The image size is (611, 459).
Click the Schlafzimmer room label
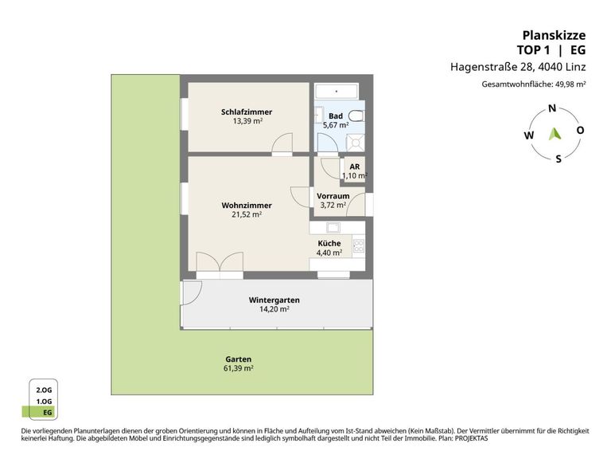tap(247, 112)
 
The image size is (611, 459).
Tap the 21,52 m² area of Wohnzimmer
tap(247, 214)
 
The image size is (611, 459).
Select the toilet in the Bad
tap(356, 116)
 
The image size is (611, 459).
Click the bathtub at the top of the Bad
tap(337, 92)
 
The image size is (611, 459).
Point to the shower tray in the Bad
tap(356, 143)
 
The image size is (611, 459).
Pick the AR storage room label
tap(355, 167)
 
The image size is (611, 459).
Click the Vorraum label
tap(333, 196)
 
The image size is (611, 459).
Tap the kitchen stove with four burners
tap(359, 245)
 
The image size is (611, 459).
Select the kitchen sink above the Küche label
tap(333, 227)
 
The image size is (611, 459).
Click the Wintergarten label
tap(274, 300)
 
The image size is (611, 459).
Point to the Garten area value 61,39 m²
tap(239, 368)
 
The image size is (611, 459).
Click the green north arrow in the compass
tap(555, 134)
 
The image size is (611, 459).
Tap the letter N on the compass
tap(552, 108)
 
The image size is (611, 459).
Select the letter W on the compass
tap(529, 135)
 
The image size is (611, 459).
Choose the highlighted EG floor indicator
tap(39, 412)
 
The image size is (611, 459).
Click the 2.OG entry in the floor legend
tap(44, 390)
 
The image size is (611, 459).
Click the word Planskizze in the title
tap(554, 35)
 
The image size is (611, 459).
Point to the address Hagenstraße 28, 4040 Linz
tap(518, 67)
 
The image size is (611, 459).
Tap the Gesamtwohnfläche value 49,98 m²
tap(570, 84)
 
